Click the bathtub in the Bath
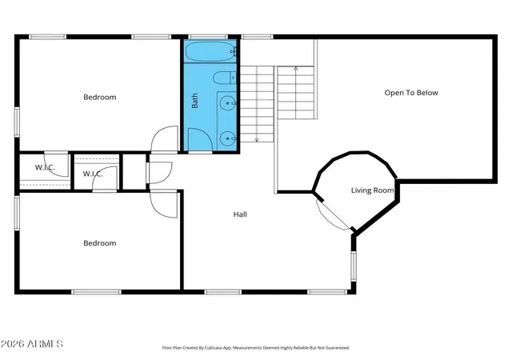point(210,51)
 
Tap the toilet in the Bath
point(225,78)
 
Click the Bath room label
point(194,100)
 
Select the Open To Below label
point(411,93)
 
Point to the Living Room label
point(372,190)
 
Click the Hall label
point(240,214)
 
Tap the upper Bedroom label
point(99,97)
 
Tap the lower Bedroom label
point(99,243)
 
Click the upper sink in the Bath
point(227,103)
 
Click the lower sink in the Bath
point(227,138)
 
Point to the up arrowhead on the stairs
point(295,68)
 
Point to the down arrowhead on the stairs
point(257,140)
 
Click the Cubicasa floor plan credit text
point(256,348)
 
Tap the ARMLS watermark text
point(32,344)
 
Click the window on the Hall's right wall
point(354,266)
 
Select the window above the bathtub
point(208,37)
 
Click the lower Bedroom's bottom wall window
point(96,292)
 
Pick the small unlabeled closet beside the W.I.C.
point(134,171)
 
